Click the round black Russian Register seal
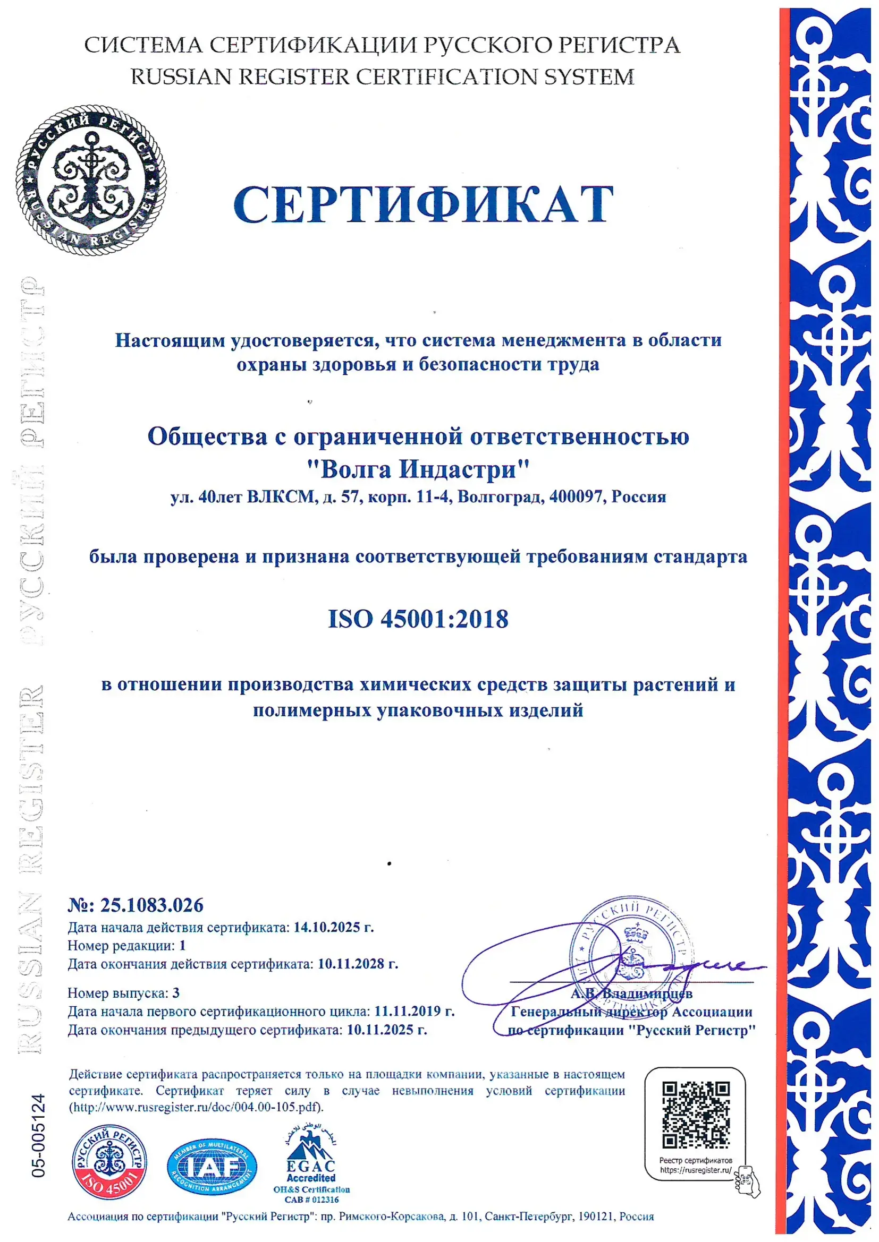91,179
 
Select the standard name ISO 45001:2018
418,619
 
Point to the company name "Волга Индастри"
418,468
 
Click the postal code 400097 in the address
576,496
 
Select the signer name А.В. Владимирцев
631,993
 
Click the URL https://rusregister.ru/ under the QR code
696,1171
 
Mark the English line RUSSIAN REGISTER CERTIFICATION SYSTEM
382,77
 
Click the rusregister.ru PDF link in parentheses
196,1107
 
